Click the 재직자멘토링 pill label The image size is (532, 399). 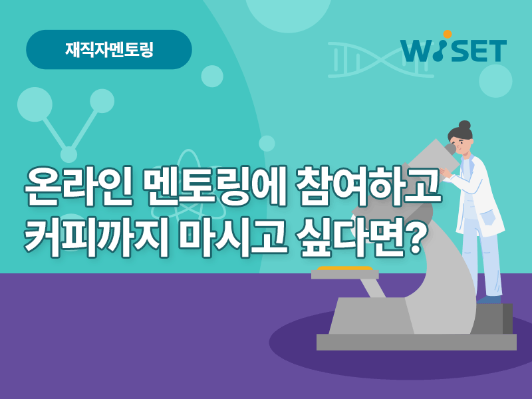point(109,49)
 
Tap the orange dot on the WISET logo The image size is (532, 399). point(448,35)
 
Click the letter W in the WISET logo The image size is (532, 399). point(418,51)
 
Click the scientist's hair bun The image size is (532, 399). point(464,125)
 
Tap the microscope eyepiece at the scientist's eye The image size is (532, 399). point(450,149)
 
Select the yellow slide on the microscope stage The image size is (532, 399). point(344,269)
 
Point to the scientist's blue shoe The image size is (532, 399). point(489,299)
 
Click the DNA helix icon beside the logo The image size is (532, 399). point(380,60)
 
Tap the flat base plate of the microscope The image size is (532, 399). point(416,342)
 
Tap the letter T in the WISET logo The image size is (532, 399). point(496,51)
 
